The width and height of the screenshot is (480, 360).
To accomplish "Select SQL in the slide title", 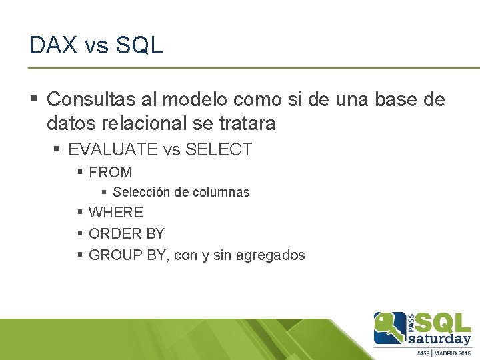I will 139,45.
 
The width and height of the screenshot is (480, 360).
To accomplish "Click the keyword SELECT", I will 219,149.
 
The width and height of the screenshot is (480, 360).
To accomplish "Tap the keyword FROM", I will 110,172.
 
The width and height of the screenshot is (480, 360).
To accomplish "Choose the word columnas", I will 221,193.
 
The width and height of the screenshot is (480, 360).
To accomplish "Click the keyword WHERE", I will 116,213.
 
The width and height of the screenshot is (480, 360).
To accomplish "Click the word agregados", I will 273,255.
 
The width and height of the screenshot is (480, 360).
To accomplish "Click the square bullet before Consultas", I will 35,101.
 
